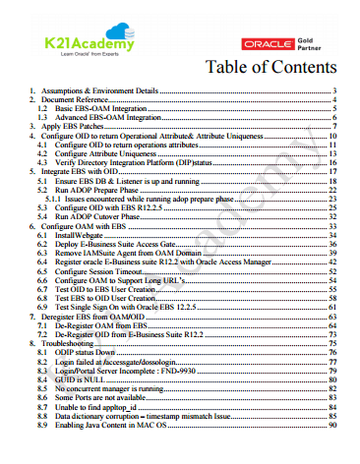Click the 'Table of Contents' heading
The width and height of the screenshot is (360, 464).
[x=271, y=68]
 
